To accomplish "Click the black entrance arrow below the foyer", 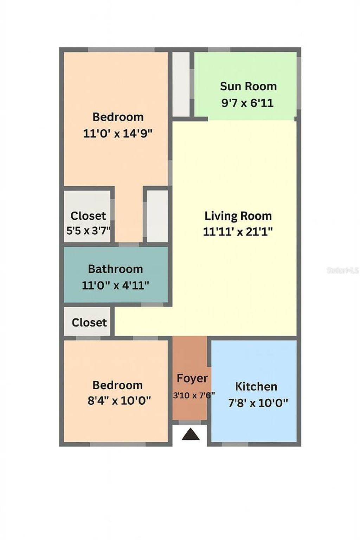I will click(x=191, y=435).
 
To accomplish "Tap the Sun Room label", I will click(x=248, y=86).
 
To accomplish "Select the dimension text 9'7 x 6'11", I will click(x=247, y=103).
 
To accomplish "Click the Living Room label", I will click(x=238, y=216).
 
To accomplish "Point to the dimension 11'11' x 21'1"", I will click(x=238, y=232).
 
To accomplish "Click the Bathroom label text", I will click(x=115, y=269).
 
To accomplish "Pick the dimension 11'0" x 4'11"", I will click(x=115, y=285).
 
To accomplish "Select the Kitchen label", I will click(x=256, y=386).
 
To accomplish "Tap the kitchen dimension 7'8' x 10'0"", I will click(x=258, y=403).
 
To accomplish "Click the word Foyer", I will click(x=192, y=378).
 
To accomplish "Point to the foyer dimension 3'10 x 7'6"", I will click(x=194, y=395).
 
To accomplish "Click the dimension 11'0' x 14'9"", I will click(x=118, y=134).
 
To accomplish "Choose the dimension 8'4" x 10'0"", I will click(x=119, y=400).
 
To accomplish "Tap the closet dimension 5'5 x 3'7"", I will click(x=89, y=231).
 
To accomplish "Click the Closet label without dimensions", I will click(x=89, y=322).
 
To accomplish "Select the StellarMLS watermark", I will click(x=342, y=270).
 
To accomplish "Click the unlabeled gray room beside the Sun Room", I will click(x=181, y=84).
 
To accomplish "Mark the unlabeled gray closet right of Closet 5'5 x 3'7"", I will click(x=157, y=216).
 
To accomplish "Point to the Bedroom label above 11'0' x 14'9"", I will click(x=118, y=117).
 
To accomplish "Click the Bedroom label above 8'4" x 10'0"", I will click(x=117, y=385).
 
